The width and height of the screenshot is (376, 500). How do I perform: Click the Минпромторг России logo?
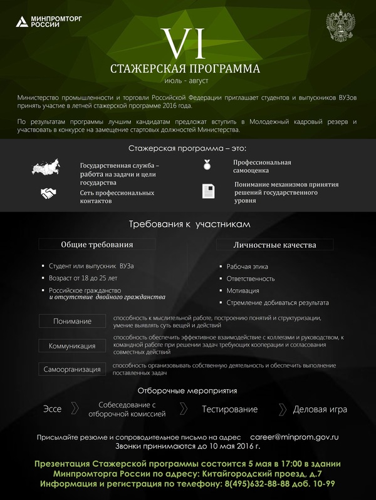click(x=39, y=23)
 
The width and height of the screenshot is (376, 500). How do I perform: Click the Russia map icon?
click(x=47, y=167)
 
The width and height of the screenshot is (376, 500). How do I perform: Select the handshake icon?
click(x=48, y=193)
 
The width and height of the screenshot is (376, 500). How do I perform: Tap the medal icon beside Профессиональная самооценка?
click(x=207, y=165)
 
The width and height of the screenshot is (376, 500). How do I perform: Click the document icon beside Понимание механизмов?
click(x=208, y=191)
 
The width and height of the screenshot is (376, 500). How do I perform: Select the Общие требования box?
click(x=95, y=244)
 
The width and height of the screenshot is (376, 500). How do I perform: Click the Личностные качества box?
click(x=274, y=244)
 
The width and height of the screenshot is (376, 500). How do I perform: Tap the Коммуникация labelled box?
click(x=72, y=345)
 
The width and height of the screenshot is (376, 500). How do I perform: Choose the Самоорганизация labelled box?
click(x=72, y=369)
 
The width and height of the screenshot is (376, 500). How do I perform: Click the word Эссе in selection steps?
click(x=52, y=409)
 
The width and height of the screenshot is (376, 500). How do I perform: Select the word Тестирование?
click(x=229, y=409)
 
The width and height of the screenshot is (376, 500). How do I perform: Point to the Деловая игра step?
click(x=320, y=409)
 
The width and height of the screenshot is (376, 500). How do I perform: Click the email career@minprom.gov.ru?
click(x=294, y=437)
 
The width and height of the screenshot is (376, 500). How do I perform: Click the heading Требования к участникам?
click(x=187, y=224)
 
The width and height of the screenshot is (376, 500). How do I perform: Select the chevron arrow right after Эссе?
click(x=75, y=409)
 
